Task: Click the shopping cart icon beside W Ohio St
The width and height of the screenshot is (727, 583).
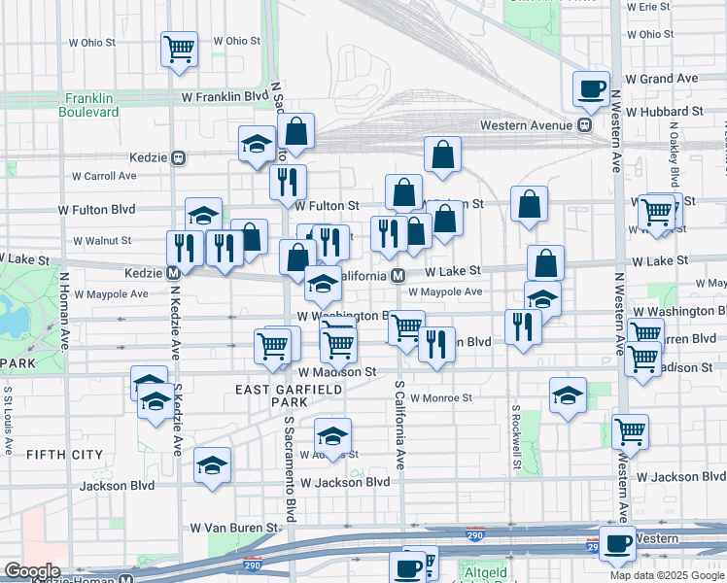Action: click(x=180, y=49)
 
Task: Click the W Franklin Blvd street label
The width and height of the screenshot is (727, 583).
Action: click(x=225, y=97)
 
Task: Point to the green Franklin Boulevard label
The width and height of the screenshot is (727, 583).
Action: click(x=92, y=105)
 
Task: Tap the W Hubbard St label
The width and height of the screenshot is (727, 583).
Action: click(x=664, y=112)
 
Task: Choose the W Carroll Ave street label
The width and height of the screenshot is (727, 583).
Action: click(x=105, y=176)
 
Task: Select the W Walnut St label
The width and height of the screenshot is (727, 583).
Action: click(x=102, y=240)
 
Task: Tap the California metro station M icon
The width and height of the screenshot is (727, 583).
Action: click(x=398, y=276)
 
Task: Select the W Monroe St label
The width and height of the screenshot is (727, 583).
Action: click(x=440, y=397)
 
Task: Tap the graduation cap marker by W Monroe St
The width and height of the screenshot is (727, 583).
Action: click(x=568, y=394)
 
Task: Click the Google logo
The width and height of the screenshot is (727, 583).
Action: click(x=32, y=571)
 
